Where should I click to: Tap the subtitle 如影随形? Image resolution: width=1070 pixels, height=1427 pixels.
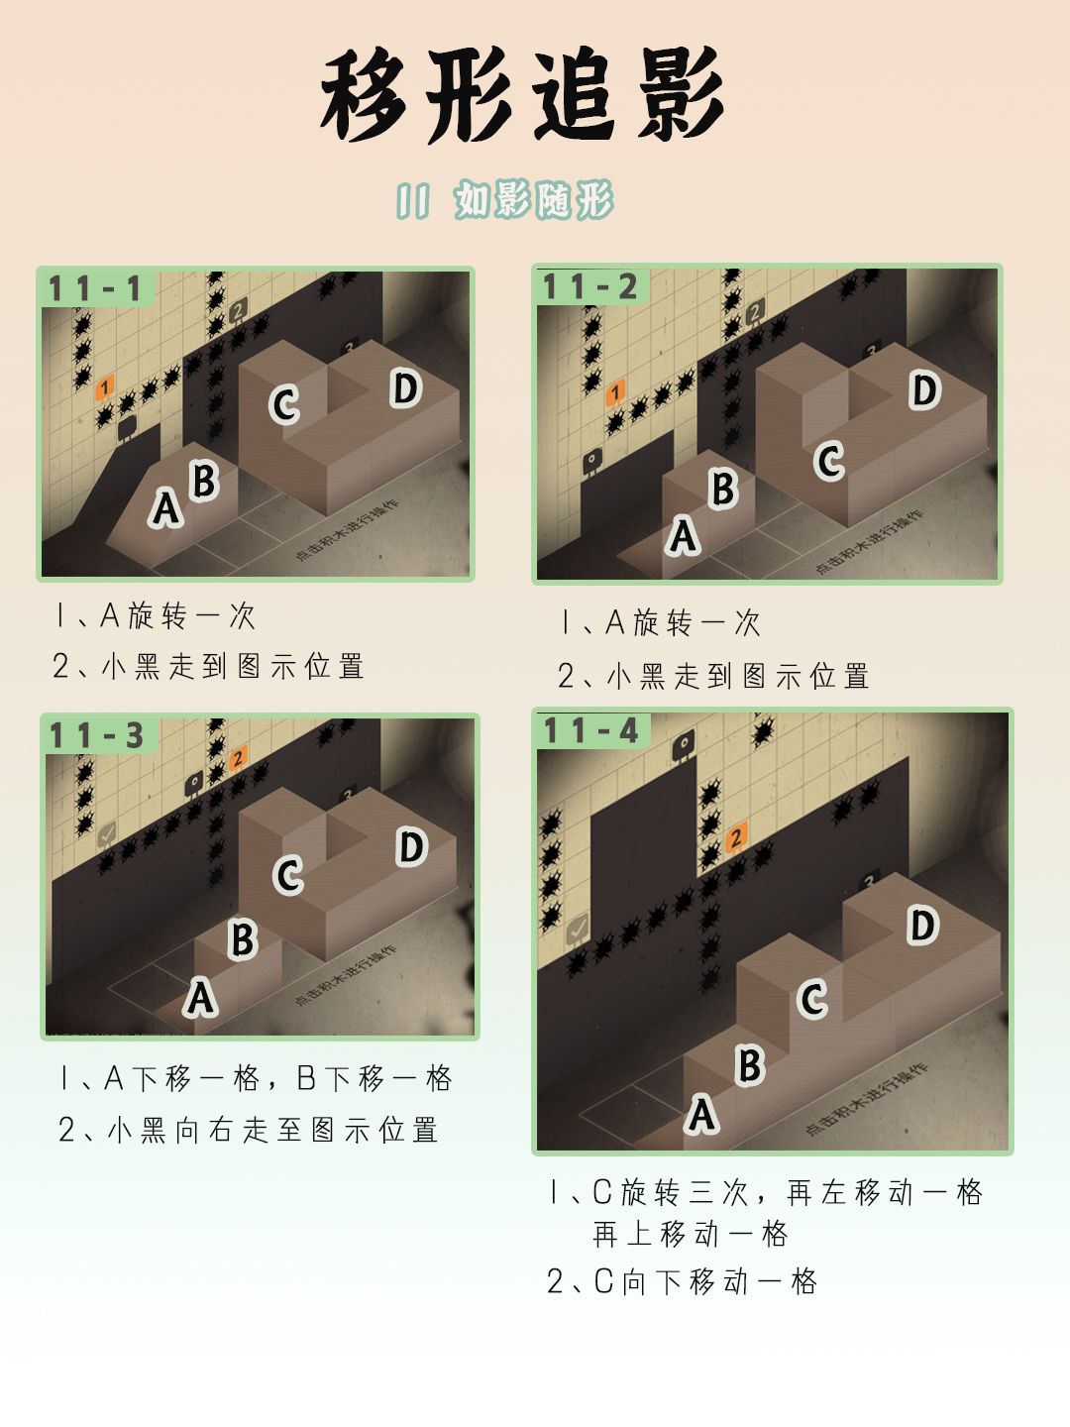534,199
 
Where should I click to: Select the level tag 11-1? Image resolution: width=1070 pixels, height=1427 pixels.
95,288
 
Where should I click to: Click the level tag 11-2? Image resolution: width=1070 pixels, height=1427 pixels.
589,286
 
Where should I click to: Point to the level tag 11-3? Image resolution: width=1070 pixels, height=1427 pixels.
96,735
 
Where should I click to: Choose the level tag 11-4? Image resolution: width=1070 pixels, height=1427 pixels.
591,730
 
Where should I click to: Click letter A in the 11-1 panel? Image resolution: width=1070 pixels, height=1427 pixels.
165,507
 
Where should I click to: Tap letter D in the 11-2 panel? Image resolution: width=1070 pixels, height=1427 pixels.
924,390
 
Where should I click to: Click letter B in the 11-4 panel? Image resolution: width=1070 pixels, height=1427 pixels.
750,1065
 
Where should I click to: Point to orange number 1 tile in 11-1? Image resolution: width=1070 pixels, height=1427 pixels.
105,387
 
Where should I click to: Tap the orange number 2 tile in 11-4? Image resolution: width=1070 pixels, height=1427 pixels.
736,837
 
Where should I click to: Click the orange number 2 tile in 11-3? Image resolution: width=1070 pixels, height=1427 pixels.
238,758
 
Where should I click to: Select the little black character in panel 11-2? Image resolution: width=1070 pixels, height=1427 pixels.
592,462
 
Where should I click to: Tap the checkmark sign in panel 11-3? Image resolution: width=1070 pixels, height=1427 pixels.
107,834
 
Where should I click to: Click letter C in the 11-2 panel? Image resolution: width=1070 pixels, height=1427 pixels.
829,461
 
